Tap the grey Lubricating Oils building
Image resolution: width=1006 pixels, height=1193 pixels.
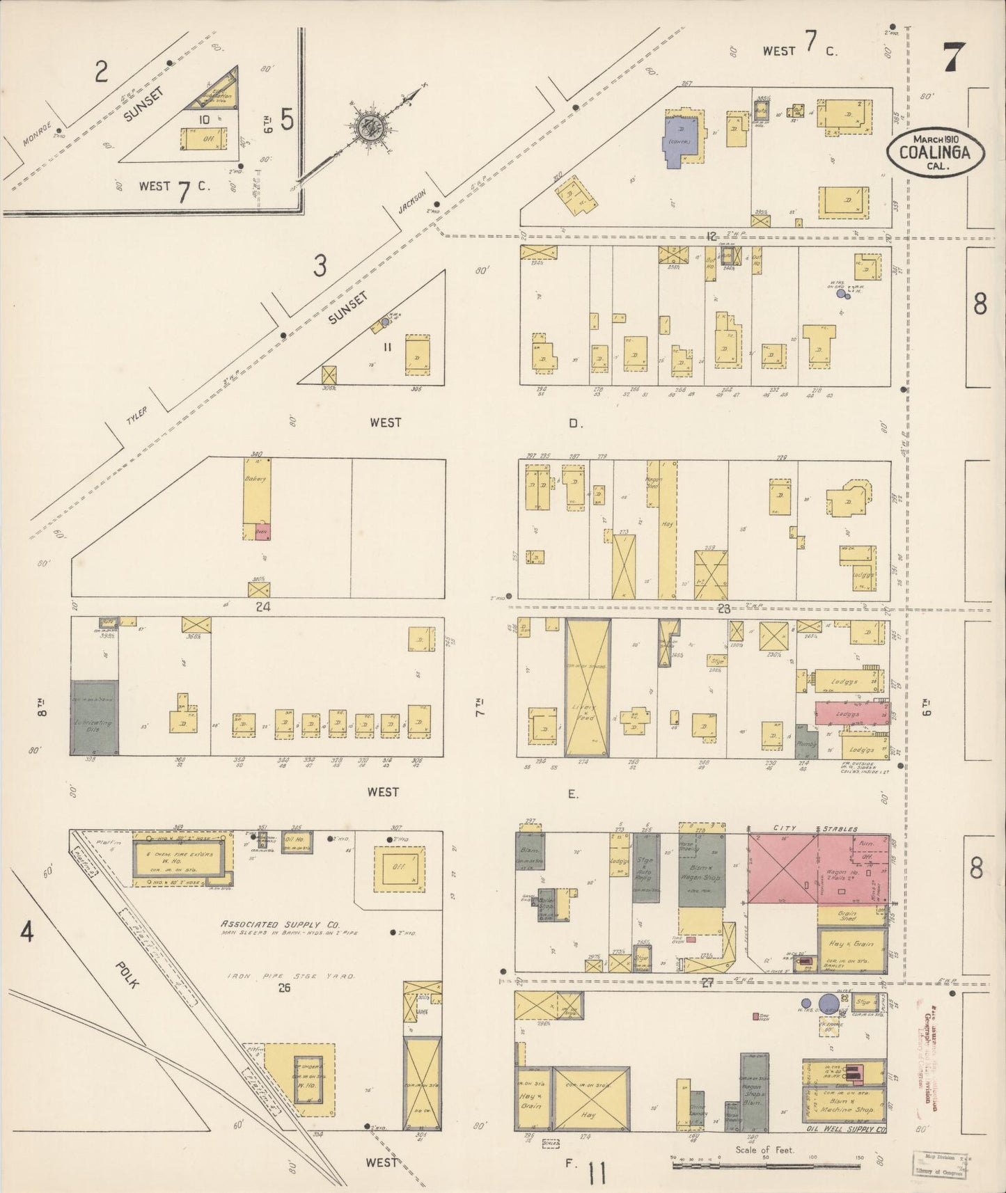click(94, 718)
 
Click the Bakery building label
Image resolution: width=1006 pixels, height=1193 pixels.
click(256, 480)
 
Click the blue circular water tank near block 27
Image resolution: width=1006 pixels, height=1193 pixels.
click(828, 1003)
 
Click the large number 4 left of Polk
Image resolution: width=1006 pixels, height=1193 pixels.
click(26, 932)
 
